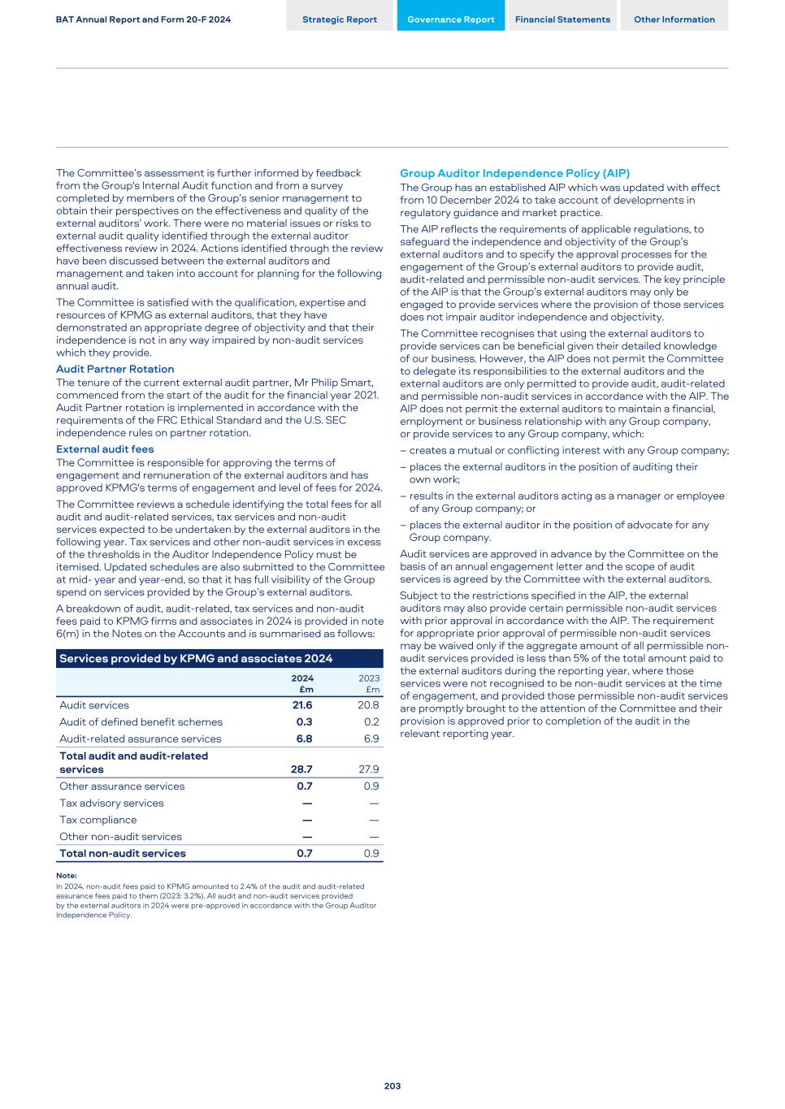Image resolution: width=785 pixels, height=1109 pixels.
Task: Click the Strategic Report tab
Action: [x=340, y=19]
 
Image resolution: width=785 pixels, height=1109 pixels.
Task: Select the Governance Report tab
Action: [x=450, y=19]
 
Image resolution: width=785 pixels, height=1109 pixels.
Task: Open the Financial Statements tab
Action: [x=562, y=19]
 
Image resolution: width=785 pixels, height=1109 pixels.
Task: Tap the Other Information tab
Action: [x=674, y=19]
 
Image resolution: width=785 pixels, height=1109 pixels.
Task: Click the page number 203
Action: [x=392, y=1086]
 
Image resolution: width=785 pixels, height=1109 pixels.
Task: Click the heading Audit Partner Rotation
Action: [x=115, y=369]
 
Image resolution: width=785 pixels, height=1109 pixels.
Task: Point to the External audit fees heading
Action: [x=105, y=449]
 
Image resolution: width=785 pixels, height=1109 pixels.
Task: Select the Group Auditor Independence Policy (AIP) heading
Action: [x=514, y=173]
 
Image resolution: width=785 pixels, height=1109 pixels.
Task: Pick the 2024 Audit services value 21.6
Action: [x=302, y=705]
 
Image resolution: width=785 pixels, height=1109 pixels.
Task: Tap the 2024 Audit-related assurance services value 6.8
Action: [x=304, y=739]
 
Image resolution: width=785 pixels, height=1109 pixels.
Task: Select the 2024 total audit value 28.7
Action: [x=301, y=769]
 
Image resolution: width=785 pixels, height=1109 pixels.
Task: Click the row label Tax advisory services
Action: [x=111, y=803]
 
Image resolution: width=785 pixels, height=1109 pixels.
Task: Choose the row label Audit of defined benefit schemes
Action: [x=141, y=721]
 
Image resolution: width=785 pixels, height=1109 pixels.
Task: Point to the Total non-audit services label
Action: [x=122, y=853]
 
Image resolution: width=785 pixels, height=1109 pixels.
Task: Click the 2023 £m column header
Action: [x=369, y=683]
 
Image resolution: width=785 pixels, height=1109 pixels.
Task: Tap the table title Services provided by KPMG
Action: [x=196, y=658]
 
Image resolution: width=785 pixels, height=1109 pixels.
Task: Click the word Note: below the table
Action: [x=67, y=876]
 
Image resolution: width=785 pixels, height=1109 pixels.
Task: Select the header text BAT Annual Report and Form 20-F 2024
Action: [x=143, y=19]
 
